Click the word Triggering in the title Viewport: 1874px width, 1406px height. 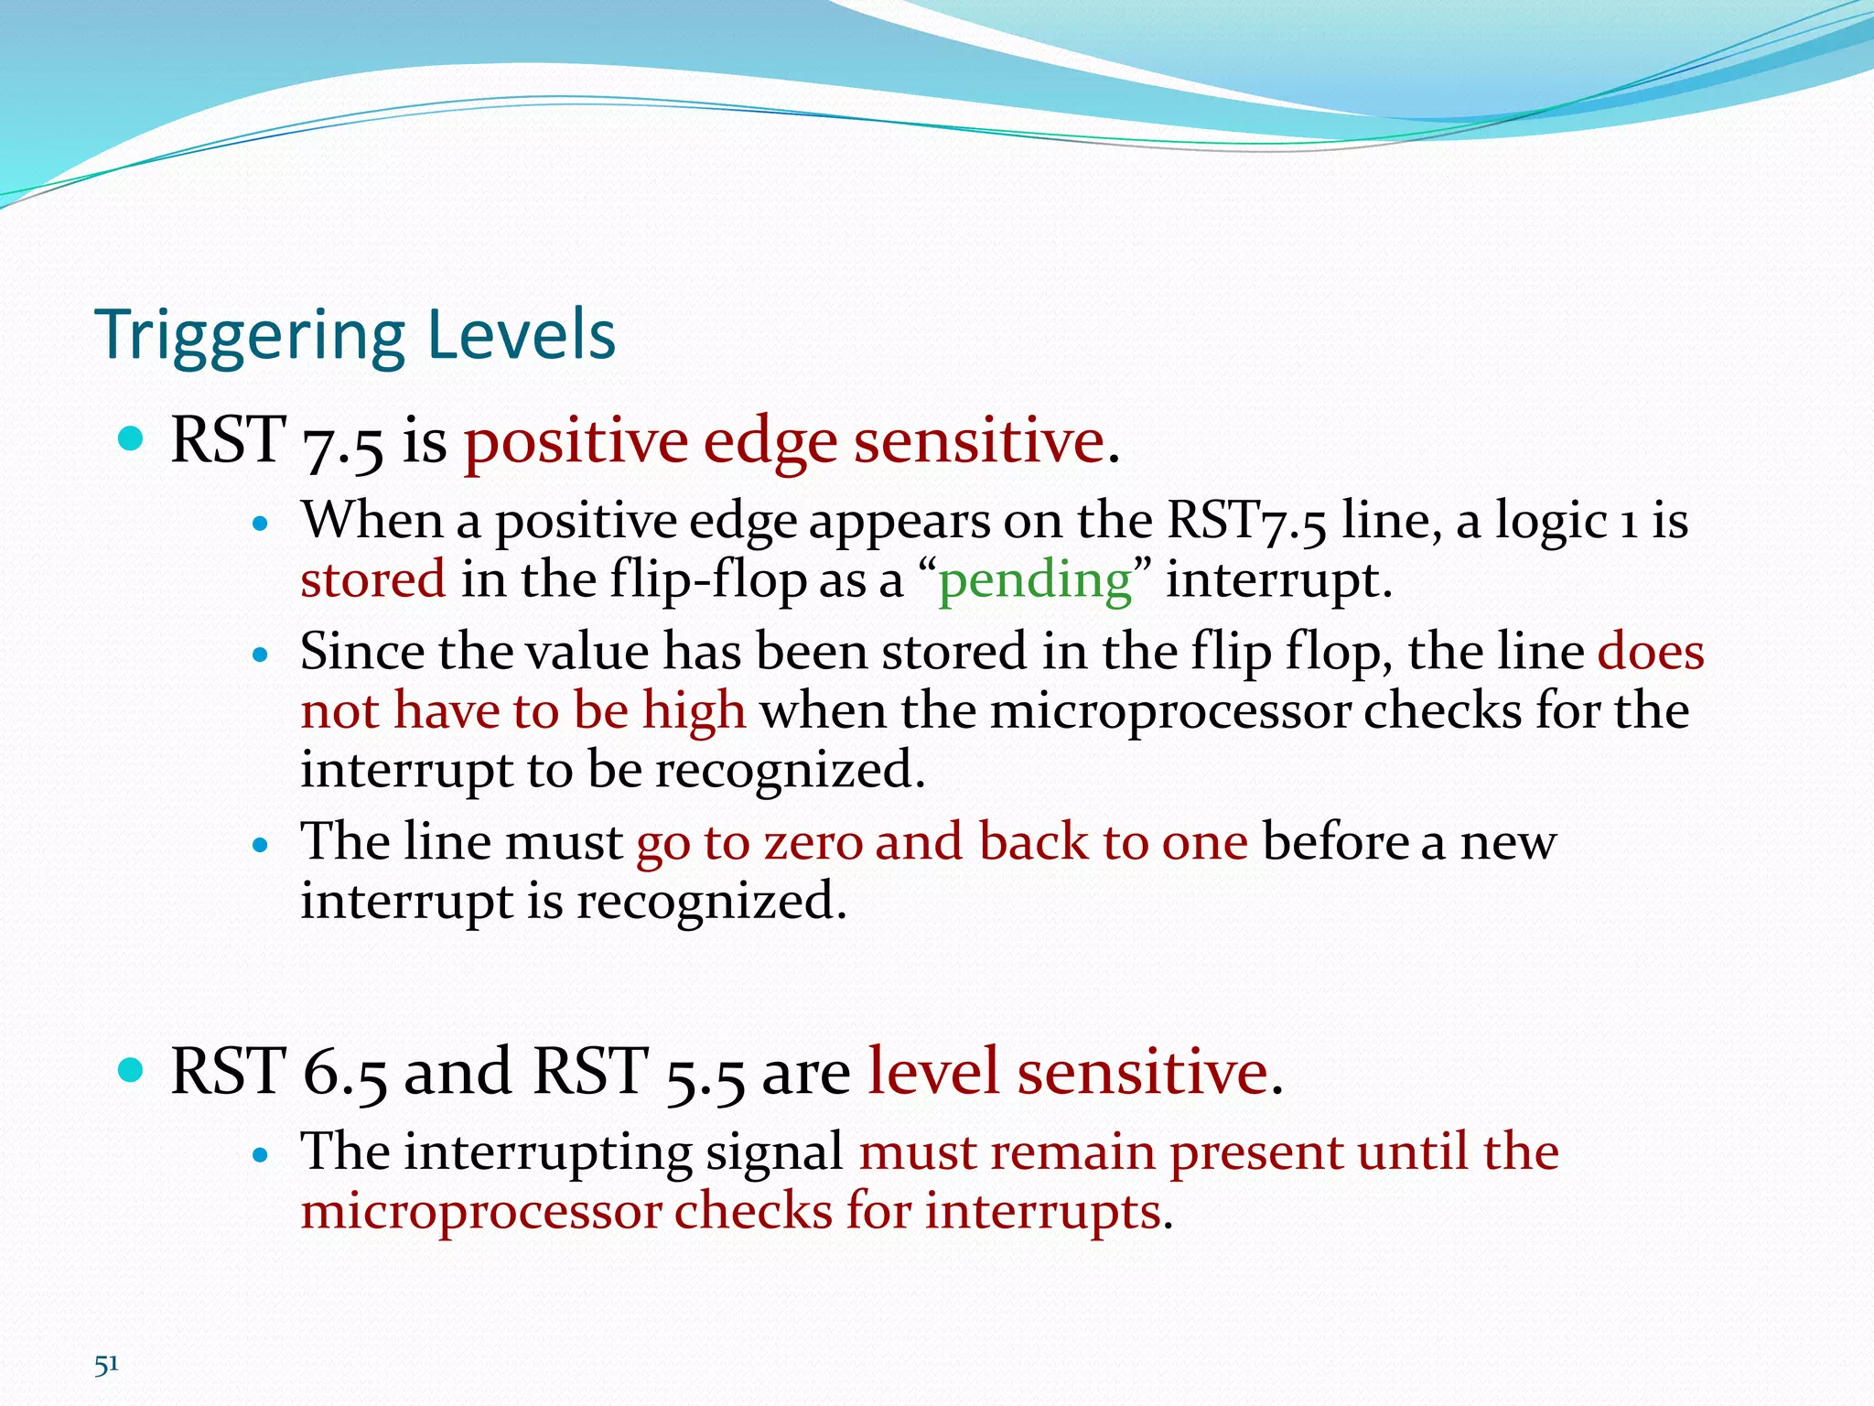pos(249,336)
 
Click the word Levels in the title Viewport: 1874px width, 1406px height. pos(521,334)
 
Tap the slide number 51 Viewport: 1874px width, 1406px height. pos(106,1364)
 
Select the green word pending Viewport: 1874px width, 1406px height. pos(1035,580)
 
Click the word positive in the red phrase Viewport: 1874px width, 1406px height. pos(575,442)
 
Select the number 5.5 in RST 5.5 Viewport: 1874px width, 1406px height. pos(705,1073)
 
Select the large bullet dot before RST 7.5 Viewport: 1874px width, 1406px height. pos(132,439)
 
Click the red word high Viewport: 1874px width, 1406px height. pos(694,711)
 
